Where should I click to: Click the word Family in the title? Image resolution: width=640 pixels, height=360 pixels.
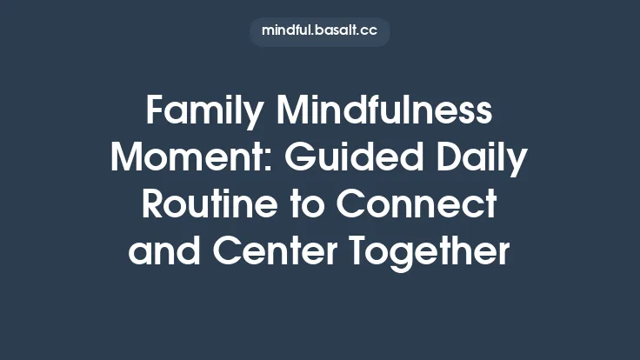[203, 113]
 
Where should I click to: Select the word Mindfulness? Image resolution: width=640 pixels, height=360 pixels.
[383, 113]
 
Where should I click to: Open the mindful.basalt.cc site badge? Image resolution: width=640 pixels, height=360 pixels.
[320, 31]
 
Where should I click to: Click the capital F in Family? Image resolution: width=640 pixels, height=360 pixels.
[155, 113]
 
